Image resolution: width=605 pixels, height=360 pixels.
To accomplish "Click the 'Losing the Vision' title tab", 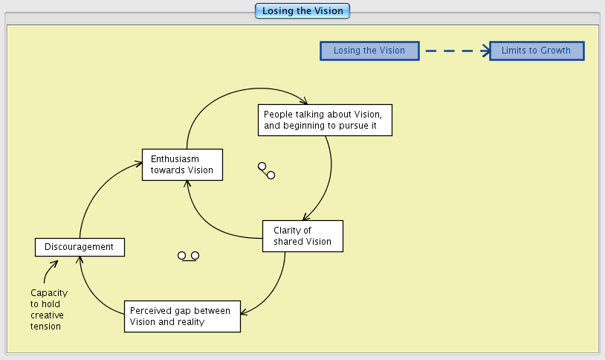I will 302,11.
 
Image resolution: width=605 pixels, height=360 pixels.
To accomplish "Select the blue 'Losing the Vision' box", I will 369,51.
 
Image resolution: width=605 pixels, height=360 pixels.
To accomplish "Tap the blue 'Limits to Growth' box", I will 536,51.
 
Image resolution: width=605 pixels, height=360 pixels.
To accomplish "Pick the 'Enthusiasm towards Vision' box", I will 182,164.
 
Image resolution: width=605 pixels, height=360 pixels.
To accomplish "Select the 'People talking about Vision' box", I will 325,120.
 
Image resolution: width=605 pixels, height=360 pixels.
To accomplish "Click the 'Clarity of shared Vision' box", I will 302,236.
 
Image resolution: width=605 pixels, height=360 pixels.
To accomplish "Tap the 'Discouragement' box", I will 79,247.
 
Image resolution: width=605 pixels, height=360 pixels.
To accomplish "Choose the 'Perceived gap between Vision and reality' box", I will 181,316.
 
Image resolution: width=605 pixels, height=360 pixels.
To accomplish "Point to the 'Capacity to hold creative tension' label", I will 47,309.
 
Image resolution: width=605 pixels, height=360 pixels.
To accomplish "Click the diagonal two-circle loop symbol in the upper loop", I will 266,170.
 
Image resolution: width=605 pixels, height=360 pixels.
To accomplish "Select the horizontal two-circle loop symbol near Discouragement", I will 188,256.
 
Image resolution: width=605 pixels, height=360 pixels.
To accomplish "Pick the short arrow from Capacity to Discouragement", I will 49,271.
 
